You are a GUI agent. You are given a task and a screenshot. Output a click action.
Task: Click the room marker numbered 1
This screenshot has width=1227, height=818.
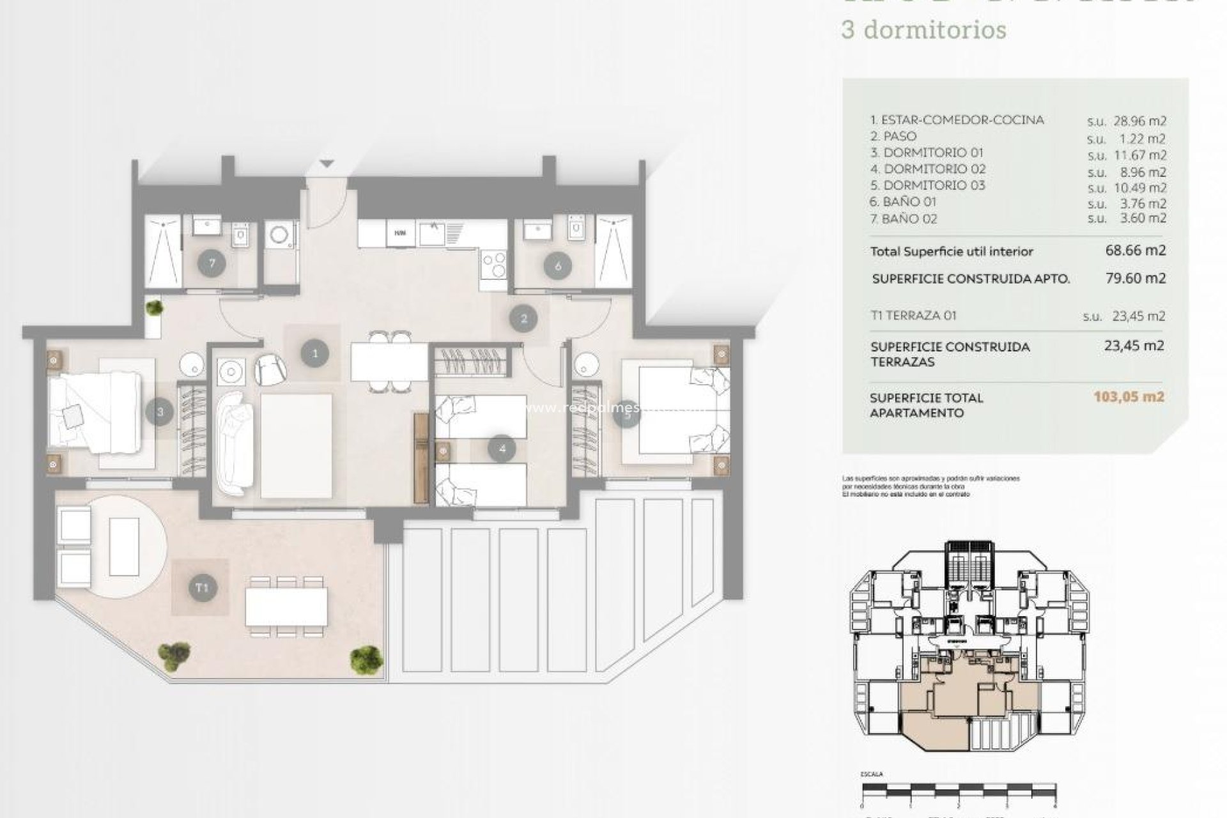[x=314, y=353]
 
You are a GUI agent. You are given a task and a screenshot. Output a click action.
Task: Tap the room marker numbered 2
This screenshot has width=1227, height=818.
[x=524, y=318]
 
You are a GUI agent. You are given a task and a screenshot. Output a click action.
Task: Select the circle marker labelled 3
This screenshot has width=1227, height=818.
[x=160, y=412]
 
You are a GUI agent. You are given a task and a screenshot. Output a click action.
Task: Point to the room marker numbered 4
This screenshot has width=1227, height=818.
[x=502, y=449]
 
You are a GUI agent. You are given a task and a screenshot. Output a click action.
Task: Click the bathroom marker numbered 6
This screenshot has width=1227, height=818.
[x=558, y=266]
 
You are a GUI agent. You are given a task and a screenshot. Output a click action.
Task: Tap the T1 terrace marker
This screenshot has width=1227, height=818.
[x=202, y=587]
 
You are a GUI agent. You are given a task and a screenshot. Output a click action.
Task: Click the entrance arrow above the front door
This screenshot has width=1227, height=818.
[x=327, y=164]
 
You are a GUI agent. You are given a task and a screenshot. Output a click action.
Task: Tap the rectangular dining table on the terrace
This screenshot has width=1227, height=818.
[x=286, y=606]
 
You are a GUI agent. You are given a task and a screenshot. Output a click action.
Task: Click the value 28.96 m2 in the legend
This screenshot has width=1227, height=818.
[x=1136, y=121]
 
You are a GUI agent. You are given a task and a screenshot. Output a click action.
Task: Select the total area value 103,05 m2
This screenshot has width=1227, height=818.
[x=1129, y=397]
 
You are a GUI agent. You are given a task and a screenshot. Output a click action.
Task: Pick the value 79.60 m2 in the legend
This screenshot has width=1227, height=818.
[x=1136, y=278]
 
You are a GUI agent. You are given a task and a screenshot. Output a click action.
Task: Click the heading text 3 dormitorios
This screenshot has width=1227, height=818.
[x=924, y=30]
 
